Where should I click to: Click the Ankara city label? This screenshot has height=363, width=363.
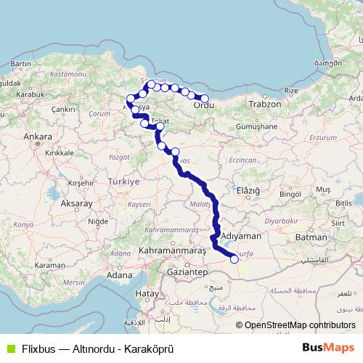pyautogui.click(x=37, y=136)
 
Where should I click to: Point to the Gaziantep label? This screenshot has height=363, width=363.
pyautogui.click(x=187, y=271)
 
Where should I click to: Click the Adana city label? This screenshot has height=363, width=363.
pyautogui.click(x=119, y=275)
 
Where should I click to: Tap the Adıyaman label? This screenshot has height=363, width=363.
pyautogui.click(x=240, y=237)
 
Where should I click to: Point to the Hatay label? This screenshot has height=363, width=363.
pyautogui.click(x=147, y=293)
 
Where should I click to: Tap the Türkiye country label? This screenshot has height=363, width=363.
pyautogui.click(x=123, y=181)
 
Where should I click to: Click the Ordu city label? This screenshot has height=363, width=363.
pyautogui.click(x=204, y=107)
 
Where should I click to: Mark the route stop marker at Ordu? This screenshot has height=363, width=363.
pyautogui.click(x=205, y=99)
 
